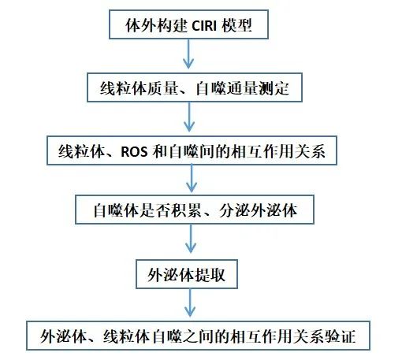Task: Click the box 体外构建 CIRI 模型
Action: point(188,24)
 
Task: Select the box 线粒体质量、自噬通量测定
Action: point(195,87)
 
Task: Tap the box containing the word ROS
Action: point(192,150)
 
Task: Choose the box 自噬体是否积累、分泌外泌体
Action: point(195,210)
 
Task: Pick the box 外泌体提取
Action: point(187,274)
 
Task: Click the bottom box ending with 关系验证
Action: point(198,336)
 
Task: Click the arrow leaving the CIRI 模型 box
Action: point(188,54)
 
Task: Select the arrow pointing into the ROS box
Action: point(189,117)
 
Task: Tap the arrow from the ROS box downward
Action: point(192,179)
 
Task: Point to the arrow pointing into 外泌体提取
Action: point(191,239)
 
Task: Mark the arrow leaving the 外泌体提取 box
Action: point(190,302)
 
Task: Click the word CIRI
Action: point(204,26)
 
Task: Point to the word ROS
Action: point(134,152)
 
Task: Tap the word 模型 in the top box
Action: point(236,25)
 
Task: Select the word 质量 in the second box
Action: point(162,88)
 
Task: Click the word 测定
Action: point(274,88)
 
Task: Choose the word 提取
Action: point(210,275)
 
